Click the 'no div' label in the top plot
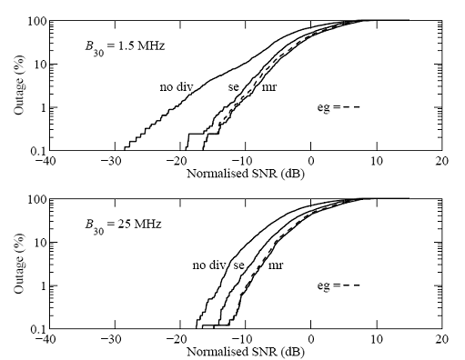point(177,87)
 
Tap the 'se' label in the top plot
point(234,87)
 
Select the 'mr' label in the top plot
point(269,87)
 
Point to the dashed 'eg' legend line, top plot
point(350,107)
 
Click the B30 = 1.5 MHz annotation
point(125,47)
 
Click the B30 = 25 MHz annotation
point(123,225)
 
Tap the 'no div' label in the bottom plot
point(209,265)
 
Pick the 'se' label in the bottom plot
point(238,265)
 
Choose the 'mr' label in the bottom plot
point(276,265)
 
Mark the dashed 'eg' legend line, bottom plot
point(350,285)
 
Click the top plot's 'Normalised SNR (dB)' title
point(246,174)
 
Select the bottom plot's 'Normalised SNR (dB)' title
point(246,352)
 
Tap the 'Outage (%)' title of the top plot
point(19,85)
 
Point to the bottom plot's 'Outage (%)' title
point(19,263)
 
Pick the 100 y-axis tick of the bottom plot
point(36,199)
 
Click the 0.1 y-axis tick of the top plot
point(38,151)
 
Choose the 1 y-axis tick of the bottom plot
point(43,285)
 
